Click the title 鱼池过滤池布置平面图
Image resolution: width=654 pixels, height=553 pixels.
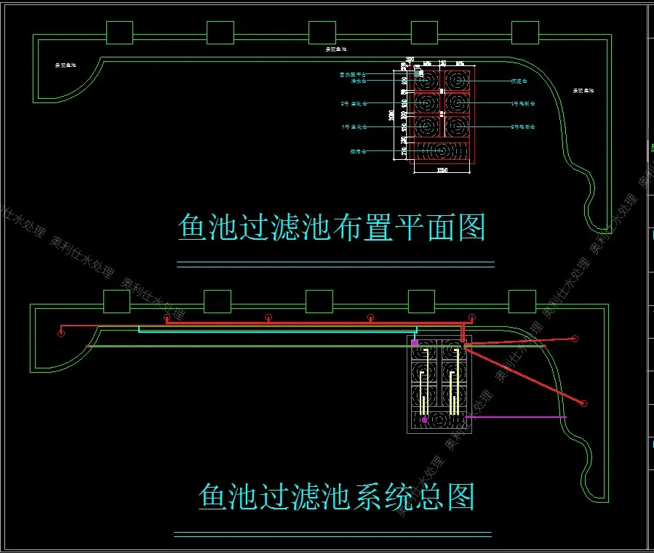pos(332,227)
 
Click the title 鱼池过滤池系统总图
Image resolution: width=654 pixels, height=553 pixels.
pos(337,498)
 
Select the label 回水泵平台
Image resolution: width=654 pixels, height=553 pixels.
pos(353,74)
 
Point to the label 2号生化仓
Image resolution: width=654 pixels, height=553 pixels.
pos(354,104)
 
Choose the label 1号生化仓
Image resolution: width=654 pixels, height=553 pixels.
pos(354,127)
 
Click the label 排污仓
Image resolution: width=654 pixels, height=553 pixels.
pos(358,152)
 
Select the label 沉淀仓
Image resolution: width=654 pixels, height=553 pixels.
pos(518,81)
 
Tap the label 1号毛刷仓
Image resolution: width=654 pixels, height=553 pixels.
pos(522,104)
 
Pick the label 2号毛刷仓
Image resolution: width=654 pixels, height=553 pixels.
pos(522,127)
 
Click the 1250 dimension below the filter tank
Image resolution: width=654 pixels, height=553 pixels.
pos(442,171)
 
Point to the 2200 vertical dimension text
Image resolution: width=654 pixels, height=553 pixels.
pos(391,116)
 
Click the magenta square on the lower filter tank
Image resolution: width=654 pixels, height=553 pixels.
pos(415,342)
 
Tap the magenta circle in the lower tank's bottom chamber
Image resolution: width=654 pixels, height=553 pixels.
pos(424,420)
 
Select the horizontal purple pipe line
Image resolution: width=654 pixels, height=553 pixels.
pos(517,417)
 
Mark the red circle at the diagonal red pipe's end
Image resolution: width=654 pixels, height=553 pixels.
pos(583,403)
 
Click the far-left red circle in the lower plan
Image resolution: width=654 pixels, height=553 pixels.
pos(60,334)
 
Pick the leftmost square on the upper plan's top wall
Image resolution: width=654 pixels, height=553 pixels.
pos(119,32)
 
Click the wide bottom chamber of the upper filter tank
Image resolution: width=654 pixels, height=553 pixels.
pos(442,151)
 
